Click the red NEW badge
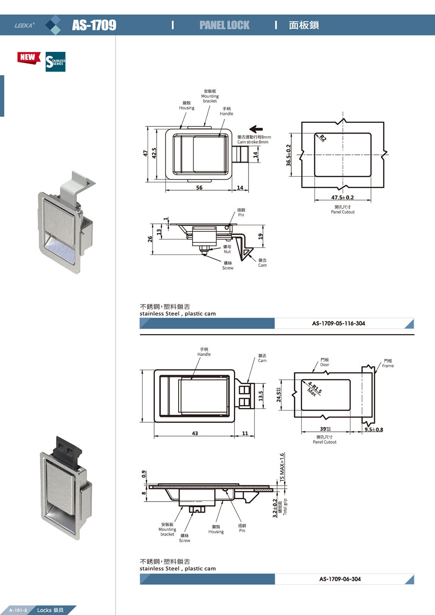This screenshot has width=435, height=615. (x=28, y=57)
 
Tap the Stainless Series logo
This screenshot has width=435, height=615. (x=56, y=62)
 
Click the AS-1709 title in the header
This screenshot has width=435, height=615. (x=94, y=25)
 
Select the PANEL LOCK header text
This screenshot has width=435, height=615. (x=224, y=25)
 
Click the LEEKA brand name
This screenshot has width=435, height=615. (x=24, y=25)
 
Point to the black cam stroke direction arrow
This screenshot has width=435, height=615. (x=256, y=129)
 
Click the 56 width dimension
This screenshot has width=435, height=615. (x=199, y=188)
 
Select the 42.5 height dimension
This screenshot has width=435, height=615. (x=154, y=153)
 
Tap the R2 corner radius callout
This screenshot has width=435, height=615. (x=323, y=138)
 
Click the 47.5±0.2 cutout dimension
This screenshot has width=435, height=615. (x=342, y=198)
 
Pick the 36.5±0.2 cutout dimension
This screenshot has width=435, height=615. (x=289, y=155)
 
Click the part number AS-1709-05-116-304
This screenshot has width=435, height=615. (x=338, y=323)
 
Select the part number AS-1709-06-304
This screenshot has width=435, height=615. (x=340, y=579)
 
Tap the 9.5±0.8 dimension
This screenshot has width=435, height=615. (x=373, y=430)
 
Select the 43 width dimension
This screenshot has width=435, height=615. (x=195, y=433)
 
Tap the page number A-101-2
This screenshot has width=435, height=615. (x=18, y=610)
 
